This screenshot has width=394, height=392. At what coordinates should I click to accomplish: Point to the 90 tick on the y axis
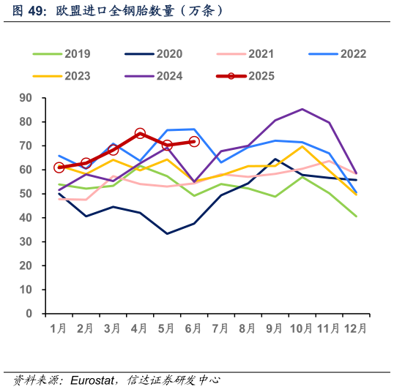coord(26,98)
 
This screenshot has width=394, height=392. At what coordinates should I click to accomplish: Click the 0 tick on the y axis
coord(30,314)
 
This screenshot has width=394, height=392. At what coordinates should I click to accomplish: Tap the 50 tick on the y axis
coord(26,194)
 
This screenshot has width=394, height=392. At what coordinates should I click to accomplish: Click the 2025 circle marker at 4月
coord(140,134)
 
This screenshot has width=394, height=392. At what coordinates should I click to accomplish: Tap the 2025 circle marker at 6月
coord(194,141)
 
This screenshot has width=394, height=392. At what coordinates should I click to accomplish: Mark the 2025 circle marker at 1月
coord(59,167)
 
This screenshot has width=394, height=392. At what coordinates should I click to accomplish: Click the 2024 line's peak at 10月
coord(302,109)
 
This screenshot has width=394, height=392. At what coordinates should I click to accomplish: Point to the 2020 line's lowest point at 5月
coord(167,234)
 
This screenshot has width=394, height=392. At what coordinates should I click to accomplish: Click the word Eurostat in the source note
coord(91,380)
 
